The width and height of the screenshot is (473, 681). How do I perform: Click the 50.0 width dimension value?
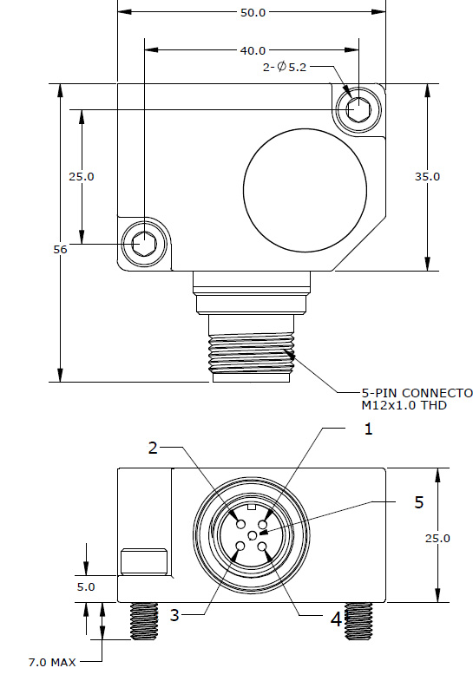click(x=252, y=13)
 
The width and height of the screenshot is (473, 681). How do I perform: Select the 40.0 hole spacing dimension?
click(x=252, y=51)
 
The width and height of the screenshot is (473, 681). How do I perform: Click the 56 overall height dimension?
click(x=60, y=249)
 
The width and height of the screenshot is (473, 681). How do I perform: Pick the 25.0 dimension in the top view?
click(x=82, y=176)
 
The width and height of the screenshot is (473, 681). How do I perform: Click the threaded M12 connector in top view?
click(x=252, y=351)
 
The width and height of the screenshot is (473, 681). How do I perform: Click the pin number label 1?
click(x=368, y=429)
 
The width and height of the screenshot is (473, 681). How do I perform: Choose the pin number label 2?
click(x=153, y=448)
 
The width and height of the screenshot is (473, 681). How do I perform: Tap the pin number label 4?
click(x=335, y=619)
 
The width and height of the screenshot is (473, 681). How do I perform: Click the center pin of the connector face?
click(x=252, y=537)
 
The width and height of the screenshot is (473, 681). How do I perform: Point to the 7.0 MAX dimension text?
click(x=52, y=663)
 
